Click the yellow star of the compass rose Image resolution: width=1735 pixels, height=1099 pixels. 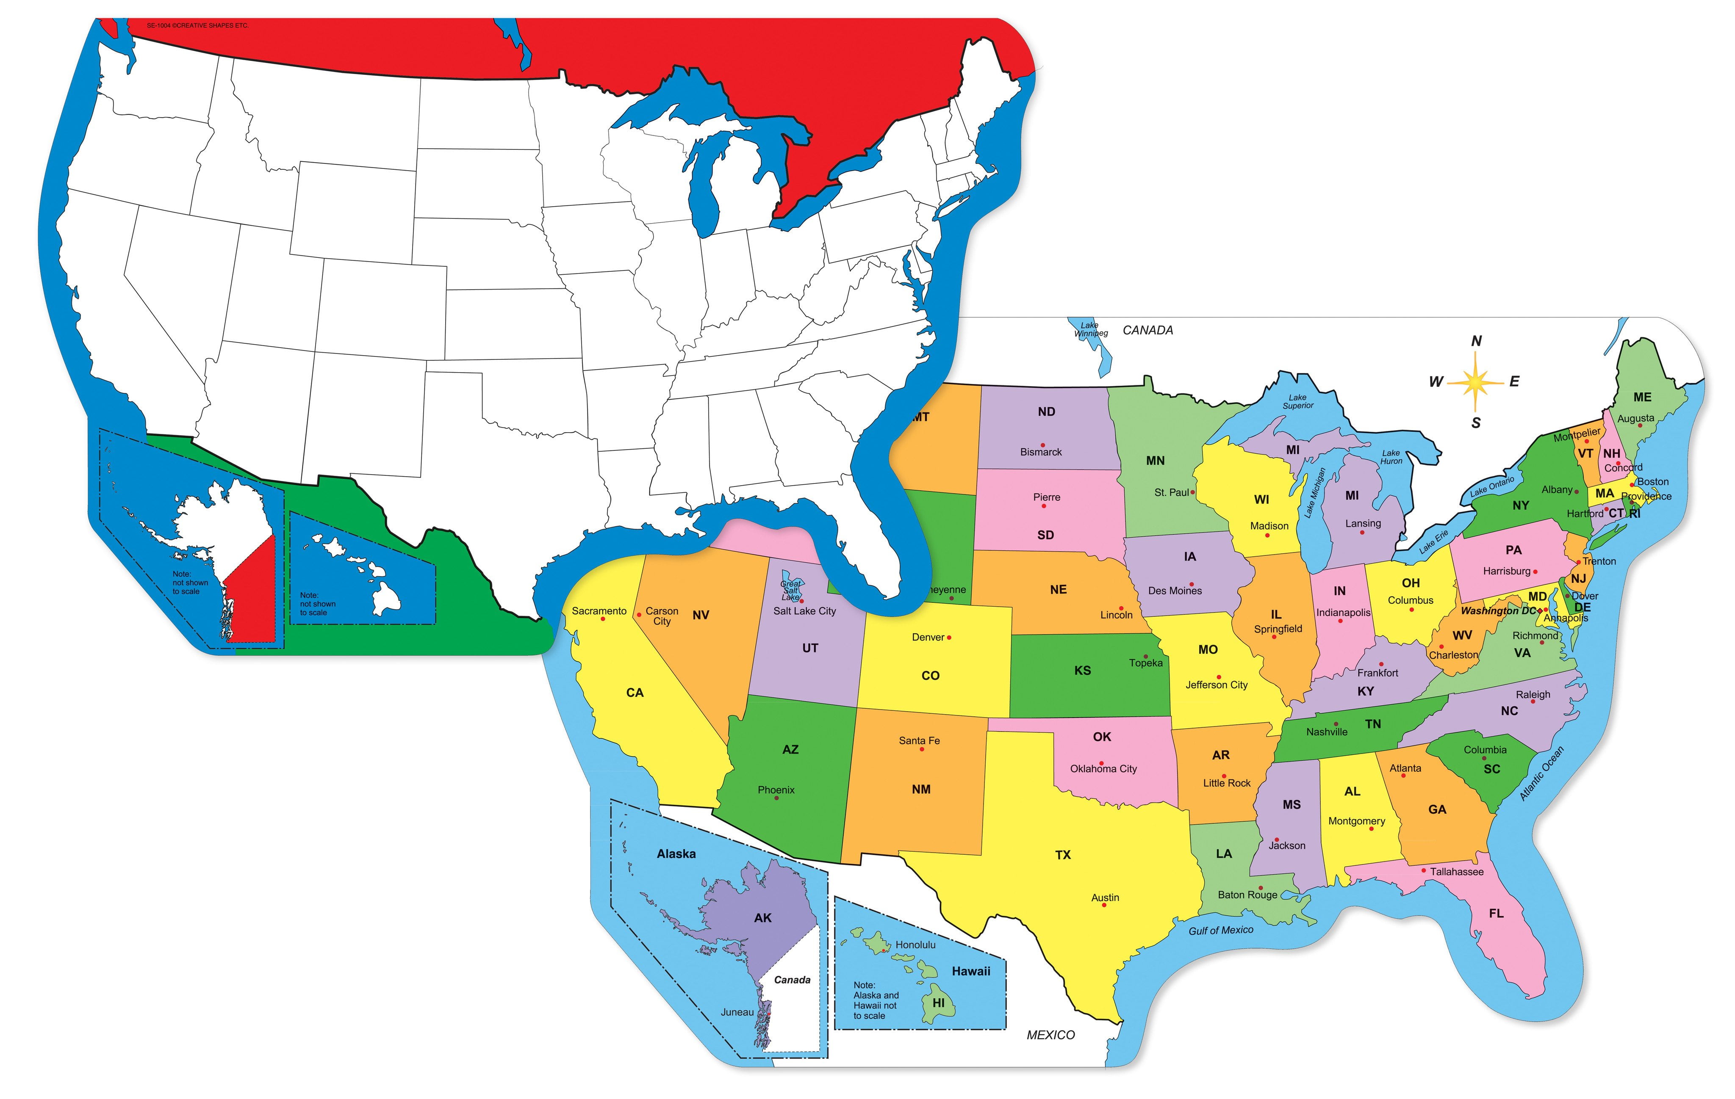point(1475,382)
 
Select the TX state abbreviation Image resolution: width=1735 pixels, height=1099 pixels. point(1063,855)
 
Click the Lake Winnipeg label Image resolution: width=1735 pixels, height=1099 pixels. point(1091,330)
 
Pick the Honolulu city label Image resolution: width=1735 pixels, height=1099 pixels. point(915,945)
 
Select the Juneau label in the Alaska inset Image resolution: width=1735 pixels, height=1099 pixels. point(737,1012)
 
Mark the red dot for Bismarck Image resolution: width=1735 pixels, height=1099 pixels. point(1042,445)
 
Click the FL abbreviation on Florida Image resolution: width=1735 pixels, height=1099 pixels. point(1497,913)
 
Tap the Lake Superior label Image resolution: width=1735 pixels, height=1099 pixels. point(1297,401)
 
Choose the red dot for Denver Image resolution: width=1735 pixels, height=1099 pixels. point(950,638)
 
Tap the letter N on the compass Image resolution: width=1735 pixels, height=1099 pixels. point(1476,341)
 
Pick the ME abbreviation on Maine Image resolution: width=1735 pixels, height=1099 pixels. point(1642,397)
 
